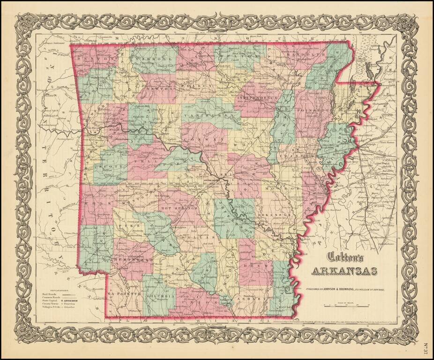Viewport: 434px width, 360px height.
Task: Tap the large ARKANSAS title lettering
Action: click(x=345, y=271)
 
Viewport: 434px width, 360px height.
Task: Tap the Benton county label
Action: click(x=94, y=60)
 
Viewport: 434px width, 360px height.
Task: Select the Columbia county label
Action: click(x=165, y=296)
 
